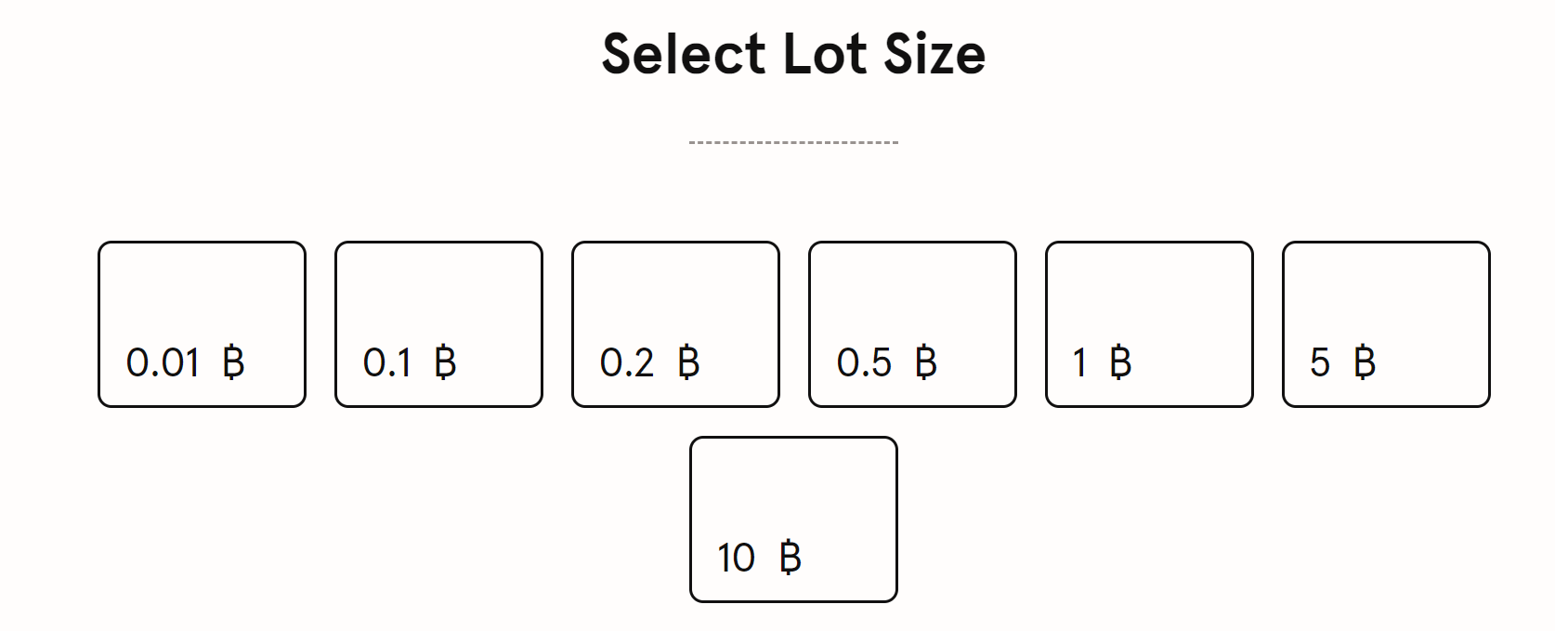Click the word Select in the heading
coord(684,54)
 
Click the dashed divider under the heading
coord(793,142)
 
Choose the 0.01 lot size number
coord(163,362)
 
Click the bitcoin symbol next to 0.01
coord(234,362)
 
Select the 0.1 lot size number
coord(387,362)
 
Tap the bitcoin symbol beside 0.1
coord(446,362)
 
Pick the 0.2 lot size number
coord(627,362)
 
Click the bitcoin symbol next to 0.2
coord(688,362)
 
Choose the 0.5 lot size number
coord(864,362)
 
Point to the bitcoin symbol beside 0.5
coord(926,362)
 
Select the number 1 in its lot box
coord(1079,362)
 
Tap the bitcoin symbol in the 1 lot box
coord(1120,362)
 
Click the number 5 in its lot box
coord(1320,362)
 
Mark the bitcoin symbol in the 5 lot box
coord(1365,362)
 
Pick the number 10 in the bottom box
coord(736,559)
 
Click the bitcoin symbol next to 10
coord(790,559)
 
